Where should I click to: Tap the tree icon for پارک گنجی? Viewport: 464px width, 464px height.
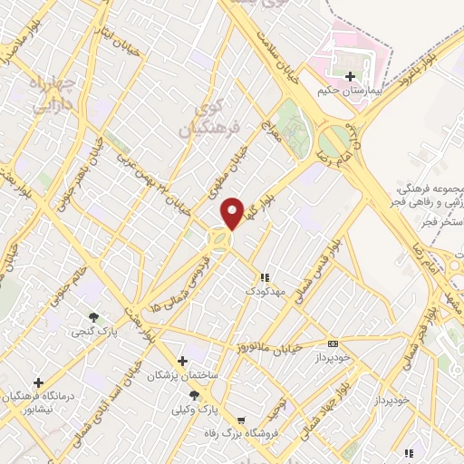[x=93, y=316]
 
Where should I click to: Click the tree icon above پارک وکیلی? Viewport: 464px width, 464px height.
[x=194, y=395]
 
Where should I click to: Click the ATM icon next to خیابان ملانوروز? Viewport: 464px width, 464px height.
[x=333, y=343]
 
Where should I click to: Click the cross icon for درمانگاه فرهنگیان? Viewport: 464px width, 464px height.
[x=38, y=383]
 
